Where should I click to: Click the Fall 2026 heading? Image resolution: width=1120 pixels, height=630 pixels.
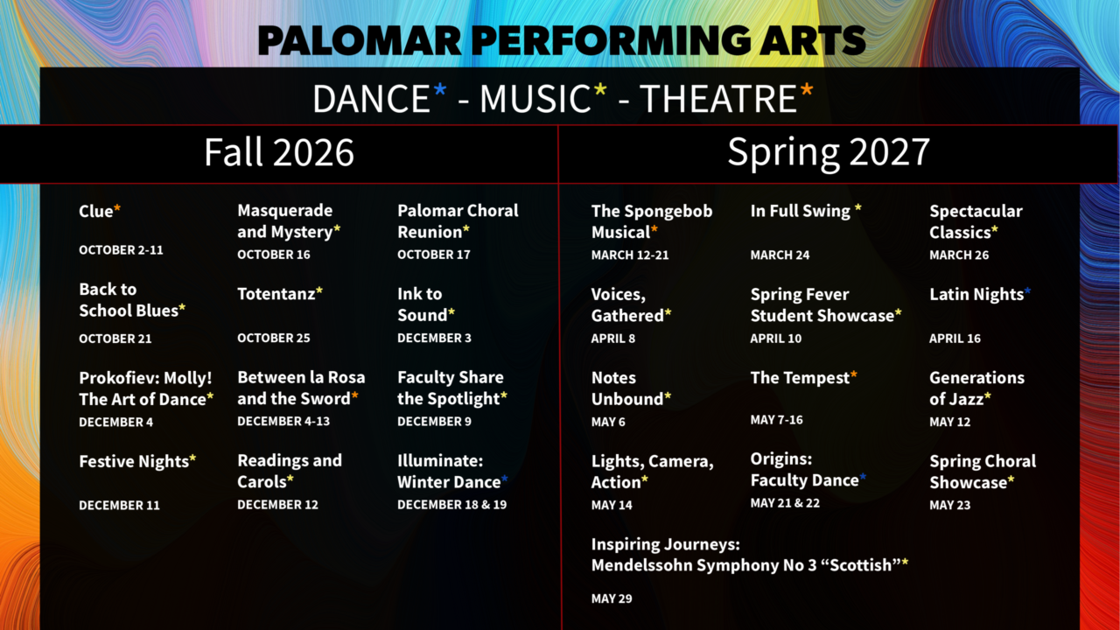279,152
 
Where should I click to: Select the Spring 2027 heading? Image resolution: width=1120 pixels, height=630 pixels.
829,153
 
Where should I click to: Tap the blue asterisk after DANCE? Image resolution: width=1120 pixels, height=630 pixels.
440,90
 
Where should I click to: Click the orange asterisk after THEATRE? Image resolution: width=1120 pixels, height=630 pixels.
807,90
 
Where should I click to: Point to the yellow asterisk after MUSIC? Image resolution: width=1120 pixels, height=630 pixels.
600,90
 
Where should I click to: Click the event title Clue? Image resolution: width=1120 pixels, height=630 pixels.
95,211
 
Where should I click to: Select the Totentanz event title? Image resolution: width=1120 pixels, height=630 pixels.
276,293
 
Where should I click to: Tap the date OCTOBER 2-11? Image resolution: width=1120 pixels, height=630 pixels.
121,250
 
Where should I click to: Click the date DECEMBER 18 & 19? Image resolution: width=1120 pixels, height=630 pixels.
452,505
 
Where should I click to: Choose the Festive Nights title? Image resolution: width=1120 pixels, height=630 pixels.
134,461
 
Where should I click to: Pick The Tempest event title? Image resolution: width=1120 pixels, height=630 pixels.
800,377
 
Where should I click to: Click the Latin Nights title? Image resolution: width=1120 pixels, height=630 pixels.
976,294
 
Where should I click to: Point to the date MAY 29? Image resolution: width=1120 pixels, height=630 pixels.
612,598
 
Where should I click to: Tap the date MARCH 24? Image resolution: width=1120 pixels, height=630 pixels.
780,255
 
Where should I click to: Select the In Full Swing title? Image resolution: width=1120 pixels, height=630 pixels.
800,211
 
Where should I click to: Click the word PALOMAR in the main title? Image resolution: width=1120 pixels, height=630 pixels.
360,40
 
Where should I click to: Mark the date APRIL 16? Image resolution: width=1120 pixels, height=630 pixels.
955,339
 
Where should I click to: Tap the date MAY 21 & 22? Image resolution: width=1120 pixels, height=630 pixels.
785,503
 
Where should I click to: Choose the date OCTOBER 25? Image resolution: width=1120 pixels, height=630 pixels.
274,338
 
